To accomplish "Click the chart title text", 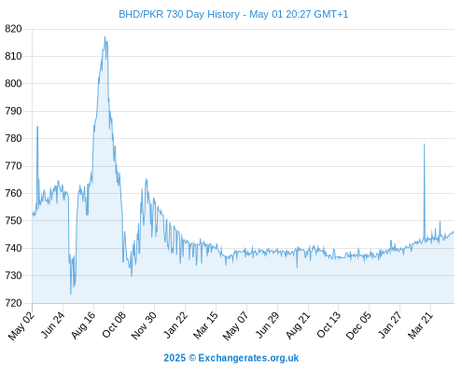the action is click(x=233, y=14).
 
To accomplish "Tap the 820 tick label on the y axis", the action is click(x=13, y=29).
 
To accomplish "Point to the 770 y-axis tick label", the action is click(x=13, y=166).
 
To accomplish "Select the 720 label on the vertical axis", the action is click(x=13, y=303).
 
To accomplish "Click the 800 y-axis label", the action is click(x=13, y=84).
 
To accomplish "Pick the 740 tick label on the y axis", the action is click(x=13, y=248).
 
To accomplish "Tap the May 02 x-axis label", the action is click(x=21, y=325).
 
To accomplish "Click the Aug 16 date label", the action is click(x=83, y=325).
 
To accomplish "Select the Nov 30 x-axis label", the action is click(x=144, y=325).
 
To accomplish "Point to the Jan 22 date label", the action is click(x=175, y=325).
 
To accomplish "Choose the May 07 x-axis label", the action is click(x=235, y=325).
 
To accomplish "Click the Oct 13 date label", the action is click(x=329, y=325).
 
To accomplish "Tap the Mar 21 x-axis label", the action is click(x=420, y=325).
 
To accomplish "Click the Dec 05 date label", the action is click(x=358, y=325).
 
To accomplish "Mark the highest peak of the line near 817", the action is click(x=105, y=36).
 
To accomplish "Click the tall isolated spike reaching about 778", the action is click(x=424, y=144).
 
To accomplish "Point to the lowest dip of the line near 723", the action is click(x=71, y=294).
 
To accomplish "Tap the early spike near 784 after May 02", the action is click(x=37, y=127).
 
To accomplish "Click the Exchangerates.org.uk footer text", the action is click(x=248, y=358).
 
